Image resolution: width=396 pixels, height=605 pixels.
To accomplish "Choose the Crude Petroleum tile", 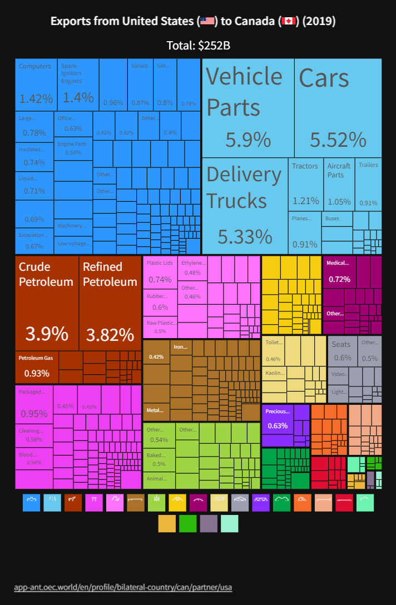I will click(x=47, y=303).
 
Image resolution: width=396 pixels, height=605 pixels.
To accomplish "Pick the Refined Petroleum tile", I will click(x=110, y=303).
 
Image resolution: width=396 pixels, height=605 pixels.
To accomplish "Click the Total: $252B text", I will click(x=198, y=46).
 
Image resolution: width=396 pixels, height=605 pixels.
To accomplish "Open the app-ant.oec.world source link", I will click(x=123, y=587).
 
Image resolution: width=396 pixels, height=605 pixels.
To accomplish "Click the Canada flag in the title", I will click(x=288, y=21).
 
